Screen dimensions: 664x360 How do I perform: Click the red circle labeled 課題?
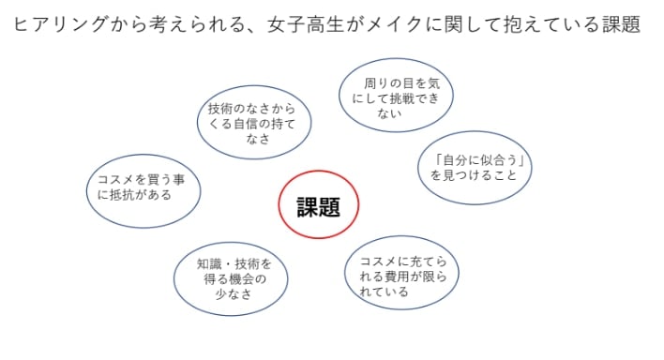click(x=318, y=206)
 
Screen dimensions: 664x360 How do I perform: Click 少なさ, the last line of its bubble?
click(x=231, y=294)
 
